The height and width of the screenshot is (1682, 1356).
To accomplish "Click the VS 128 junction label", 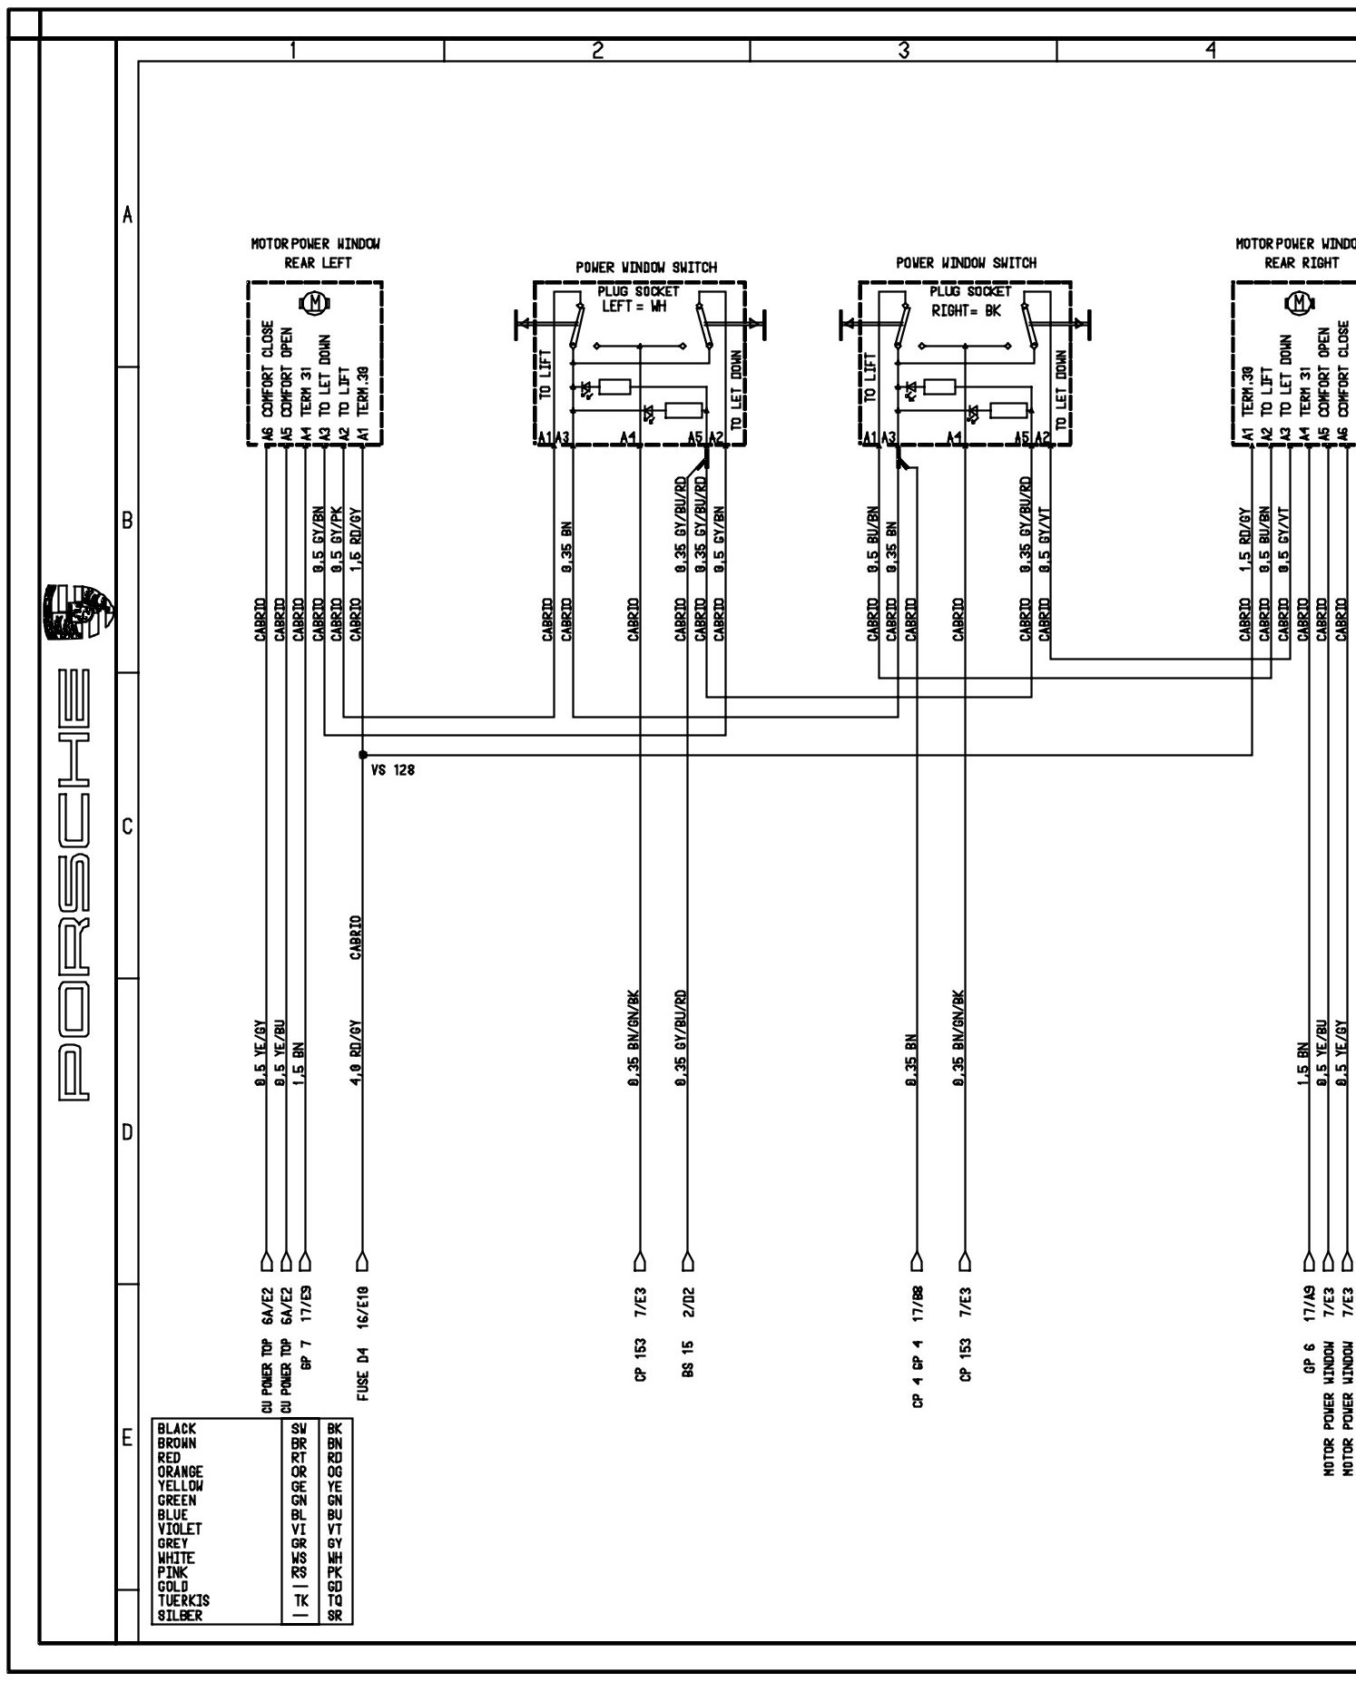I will tap(393, 771).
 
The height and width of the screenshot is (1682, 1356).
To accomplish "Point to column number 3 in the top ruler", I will tap(903, 52).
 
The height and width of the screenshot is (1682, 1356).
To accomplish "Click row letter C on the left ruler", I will tap(127, 826).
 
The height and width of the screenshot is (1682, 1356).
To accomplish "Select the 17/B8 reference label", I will tap(918, 1303).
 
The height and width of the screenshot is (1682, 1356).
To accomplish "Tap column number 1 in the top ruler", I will tap(292, 52).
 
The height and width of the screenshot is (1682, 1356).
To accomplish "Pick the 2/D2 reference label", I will tap(688, 1303).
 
